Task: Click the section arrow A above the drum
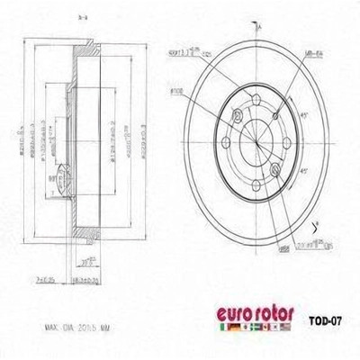[258, 28]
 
